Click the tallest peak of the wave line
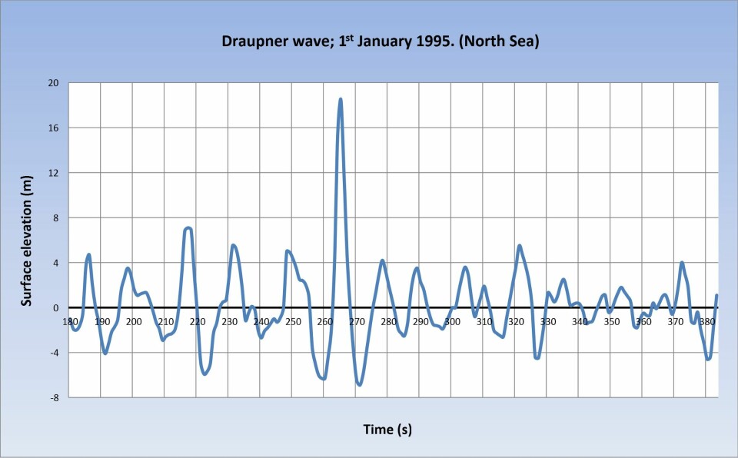(x=340, y=100)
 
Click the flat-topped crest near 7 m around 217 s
(x=188, y=228)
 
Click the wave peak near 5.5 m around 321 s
(x=520, y=246)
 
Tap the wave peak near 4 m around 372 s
(x=682, y=263)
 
